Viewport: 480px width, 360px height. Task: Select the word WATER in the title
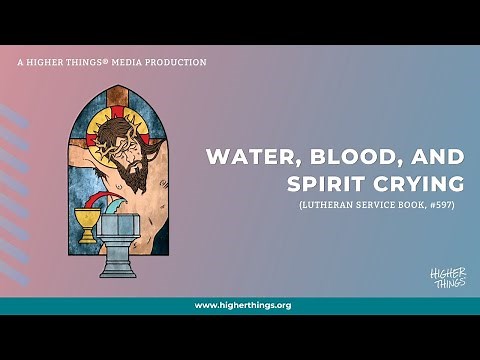coord(244,158)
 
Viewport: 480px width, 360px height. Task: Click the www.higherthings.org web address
coord(242,305)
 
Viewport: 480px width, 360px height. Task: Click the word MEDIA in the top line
coord(130,62)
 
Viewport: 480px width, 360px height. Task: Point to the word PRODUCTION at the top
coord(179,62)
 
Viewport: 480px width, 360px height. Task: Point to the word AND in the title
coord(410,158)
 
